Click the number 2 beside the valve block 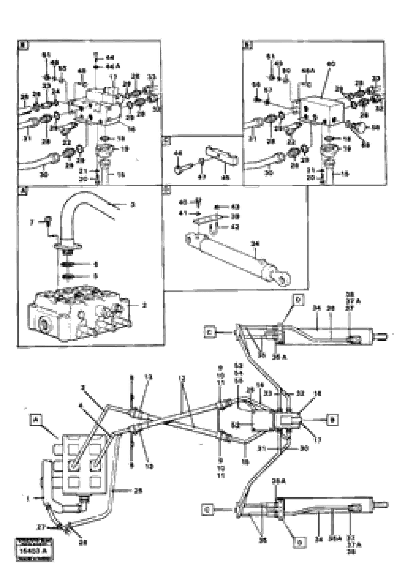pyautogui.click(x=145, y=306)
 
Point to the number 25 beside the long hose pyautogui.click(x=138, y=491)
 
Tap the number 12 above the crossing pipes pyautogui.click(x=181, y=379)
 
